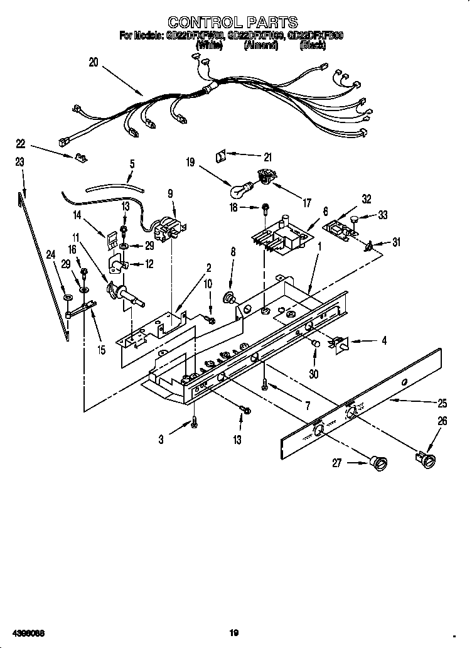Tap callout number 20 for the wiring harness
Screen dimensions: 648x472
(x=94, y=62)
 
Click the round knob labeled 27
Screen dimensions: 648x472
(x=380, y=463)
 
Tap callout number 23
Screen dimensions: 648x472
(x=19, y=162)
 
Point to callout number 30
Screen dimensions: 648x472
(x=314, y=373)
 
